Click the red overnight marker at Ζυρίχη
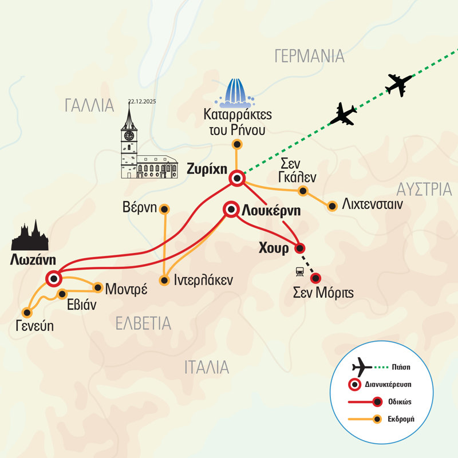237,179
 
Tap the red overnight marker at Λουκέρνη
231,210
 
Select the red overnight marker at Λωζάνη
53,279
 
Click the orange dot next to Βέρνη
164,208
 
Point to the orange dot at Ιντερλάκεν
164,281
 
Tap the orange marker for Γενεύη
26,312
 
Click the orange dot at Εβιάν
62,294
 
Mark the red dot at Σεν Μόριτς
315,278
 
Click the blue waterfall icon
236,92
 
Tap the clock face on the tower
129,136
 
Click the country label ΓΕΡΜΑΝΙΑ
309,56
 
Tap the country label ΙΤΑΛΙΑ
207,367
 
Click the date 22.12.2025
143,101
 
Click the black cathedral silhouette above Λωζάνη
30,236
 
